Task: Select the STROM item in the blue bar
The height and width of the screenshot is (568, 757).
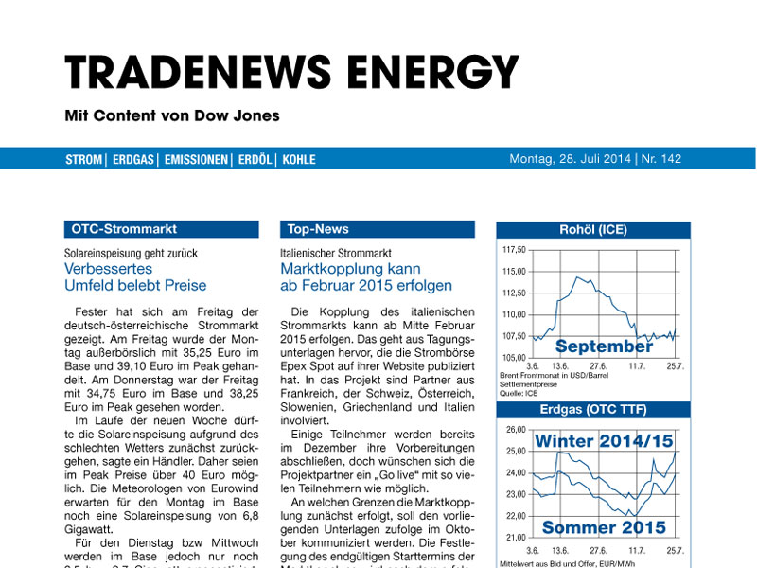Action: (x=83, y=160)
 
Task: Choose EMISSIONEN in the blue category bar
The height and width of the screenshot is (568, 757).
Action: (x=197, y=160)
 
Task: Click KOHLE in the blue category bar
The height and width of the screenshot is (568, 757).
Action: (x=298, y=160)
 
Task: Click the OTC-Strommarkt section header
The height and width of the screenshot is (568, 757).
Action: (x=124, y=229)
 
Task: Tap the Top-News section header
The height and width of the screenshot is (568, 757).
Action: (x=319, y=229)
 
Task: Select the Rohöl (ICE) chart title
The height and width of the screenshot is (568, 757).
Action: (x=593, y=229)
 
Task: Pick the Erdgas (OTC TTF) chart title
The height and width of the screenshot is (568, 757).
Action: (x=593, y=410)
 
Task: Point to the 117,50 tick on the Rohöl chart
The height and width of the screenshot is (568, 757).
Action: (x=513, y=250)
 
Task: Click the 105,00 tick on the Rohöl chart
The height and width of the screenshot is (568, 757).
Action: (x=513, y=357)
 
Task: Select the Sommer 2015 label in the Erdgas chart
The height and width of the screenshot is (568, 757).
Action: (x=604, y=527)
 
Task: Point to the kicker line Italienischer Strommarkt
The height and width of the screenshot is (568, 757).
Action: (x=336, y=254)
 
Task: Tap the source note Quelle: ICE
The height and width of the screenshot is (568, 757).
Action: (x=518, y=392)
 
